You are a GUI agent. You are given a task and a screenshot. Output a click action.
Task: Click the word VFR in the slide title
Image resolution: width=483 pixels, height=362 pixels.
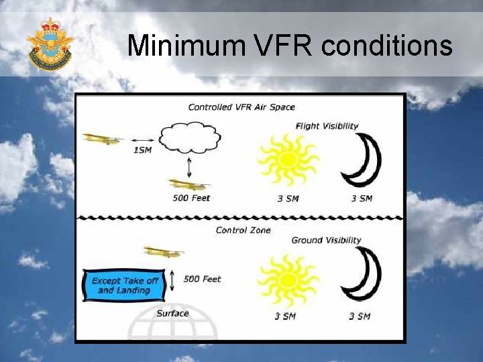click(283, 46)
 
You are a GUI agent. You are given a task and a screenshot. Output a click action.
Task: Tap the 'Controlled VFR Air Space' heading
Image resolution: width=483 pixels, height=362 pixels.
click(241, 107)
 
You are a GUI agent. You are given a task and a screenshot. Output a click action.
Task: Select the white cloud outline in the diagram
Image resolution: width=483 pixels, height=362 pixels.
click(190, 139)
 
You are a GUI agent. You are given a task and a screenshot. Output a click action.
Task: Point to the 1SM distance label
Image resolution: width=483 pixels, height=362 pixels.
click(142, 150)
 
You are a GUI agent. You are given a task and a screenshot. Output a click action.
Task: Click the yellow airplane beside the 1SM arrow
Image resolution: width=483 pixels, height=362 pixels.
click(103, 139)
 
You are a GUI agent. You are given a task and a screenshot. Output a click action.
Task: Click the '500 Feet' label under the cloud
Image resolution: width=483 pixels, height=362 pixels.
click(192, 198)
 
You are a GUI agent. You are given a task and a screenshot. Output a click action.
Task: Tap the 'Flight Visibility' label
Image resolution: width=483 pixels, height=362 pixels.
click(327, 126)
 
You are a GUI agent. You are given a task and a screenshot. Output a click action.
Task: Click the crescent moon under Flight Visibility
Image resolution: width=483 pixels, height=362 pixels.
click(362, 160)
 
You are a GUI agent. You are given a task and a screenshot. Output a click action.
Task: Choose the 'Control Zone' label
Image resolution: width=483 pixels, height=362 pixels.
click(244, 231)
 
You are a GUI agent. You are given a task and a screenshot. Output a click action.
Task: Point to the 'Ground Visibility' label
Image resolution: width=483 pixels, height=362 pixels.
click(326, 241)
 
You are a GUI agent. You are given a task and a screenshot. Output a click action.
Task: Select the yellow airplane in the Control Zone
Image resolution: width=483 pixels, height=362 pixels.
click(163, 252)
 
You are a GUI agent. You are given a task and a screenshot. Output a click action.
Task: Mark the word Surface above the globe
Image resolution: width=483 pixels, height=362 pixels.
click(172, 314)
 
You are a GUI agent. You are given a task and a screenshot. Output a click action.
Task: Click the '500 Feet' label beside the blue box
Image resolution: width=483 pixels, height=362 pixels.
click(202, 279)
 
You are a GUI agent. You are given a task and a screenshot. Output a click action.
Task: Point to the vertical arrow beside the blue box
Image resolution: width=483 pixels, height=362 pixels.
click(172, 280)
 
